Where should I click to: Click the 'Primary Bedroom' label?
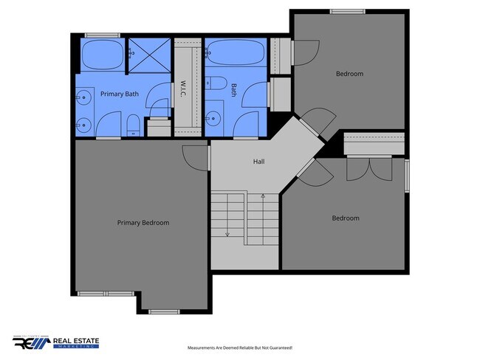point(143,223)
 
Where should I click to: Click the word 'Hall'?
point(258,162)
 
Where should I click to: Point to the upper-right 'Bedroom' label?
point(349,74)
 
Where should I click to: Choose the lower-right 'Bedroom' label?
point(345,218)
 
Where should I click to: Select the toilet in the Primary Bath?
point(131,125)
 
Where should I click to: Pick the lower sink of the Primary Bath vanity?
point(83,123)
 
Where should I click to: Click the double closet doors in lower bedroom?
point(369,169)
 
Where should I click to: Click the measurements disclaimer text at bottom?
point(240,347)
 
